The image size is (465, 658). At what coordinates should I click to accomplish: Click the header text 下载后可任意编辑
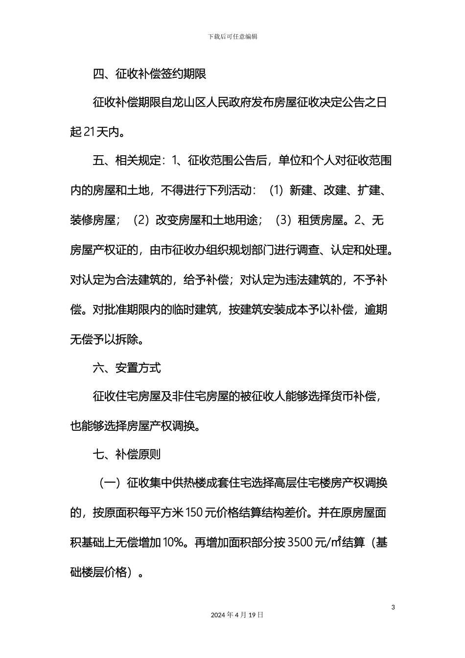coord(232,37)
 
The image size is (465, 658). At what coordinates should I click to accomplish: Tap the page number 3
coord(394,608)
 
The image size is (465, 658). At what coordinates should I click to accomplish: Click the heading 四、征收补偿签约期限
coord(149,74)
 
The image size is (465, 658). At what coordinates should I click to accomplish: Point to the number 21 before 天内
coord(90,132)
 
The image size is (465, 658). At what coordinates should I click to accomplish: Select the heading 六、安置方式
coord(127,368)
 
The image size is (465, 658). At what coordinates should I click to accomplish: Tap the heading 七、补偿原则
coord(127,455)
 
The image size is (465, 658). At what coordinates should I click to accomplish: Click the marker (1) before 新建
coord(277,191)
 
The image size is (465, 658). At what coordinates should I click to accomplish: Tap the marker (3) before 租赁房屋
coord(283,220)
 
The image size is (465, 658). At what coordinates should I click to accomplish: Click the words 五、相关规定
coord(127,161)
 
